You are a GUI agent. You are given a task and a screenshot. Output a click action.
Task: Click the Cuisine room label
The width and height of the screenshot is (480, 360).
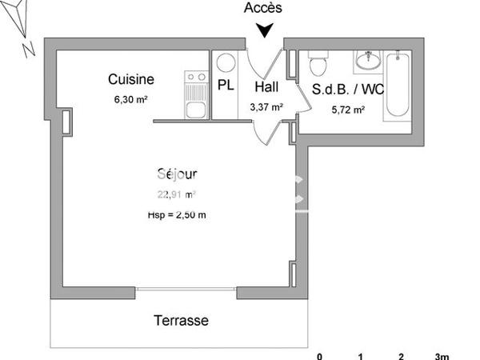click(x=131, y=79)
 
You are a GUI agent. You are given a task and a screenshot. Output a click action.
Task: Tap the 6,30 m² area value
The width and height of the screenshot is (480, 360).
click(x=131, y=100)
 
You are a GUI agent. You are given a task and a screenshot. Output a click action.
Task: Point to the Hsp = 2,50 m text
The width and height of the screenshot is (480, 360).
click(x=177, y=214)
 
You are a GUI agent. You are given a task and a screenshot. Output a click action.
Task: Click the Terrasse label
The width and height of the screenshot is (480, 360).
click(x=181, y=321)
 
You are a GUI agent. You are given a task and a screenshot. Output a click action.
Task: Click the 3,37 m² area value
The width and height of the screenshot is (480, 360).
click(x=267, y=106)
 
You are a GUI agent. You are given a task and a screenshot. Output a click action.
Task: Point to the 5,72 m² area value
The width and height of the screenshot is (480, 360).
click(x=348, y=110)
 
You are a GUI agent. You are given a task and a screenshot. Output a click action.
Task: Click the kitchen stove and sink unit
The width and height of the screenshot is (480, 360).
click(x=195, y=95)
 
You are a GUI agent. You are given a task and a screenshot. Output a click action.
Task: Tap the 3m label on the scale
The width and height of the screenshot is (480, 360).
click(x=442, y=355)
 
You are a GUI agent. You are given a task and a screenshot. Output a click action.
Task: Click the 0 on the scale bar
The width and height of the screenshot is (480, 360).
click(x=320, y=355)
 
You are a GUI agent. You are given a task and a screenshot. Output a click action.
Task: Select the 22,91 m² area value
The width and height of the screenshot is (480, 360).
click(x=177, y=194)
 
